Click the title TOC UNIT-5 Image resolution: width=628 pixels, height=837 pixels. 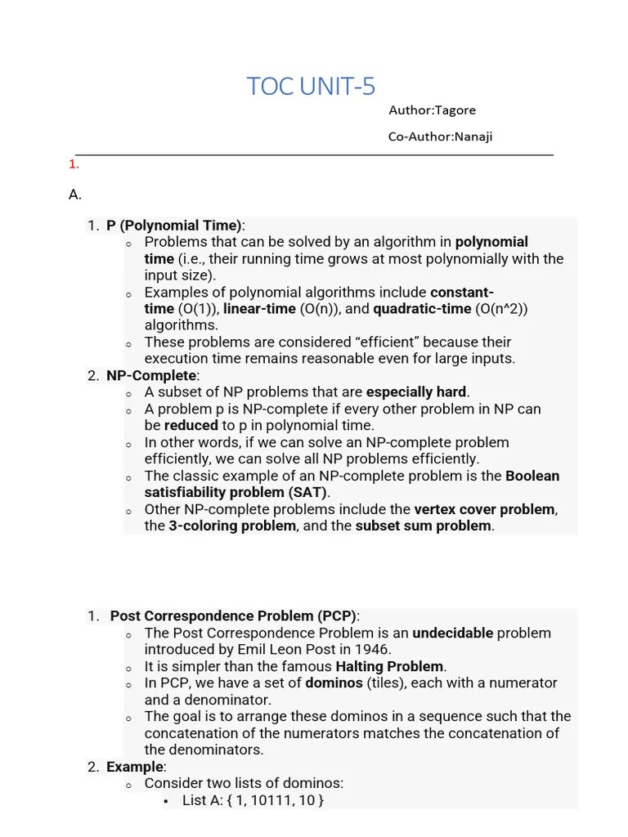click(311, 86)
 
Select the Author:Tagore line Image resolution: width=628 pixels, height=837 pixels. click(432, 110)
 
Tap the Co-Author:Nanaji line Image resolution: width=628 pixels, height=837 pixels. click(440, 137)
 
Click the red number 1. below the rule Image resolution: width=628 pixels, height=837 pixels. click(74, 164)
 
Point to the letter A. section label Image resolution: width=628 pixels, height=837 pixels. click(75, 195)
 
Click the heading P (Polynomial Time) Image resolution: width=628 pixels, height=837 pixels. click(174, 226)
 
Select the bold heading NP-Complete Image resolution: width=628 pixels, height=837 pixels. click(152, 375)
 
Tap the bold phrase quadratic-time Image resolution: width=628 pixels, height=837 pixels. click(422, 309)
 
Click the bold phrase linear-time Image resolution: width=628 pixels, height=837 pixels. click(259, 309)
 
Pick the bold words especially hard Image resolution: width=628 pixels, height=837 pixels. click(416, 392)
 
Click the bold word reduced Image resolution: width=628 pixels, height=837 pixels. click(191, 426)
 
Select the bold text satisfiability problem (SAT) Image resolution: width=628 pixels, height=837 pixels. click(235, 493)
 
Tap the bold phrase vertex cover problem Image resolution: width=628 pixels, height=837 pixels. click(484, 509)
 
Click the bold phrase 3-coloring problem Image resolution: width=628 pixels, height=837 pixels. click(232, 526)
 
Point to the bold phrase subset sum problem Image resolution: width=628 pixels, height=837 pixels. click(424, 526)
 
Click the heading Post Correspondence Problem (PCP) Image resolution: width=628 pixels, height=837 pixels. click(234, 616)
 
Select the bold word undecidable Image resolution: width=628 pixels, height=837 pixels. click(452, 633)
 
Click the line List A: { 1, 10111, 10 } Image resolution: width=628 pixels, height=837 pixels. click(253, 800)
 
